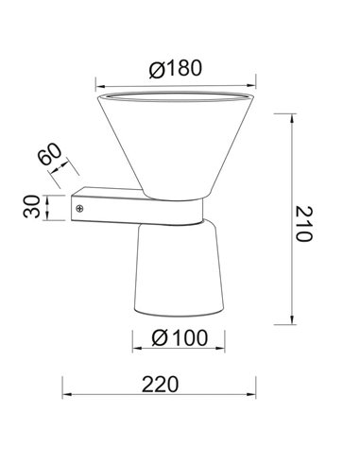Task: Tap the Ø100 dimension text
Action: click(180, 338)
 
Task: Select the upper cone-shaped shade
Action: click(178, 142)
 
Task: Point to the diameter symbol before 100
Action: click(157, 338)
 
